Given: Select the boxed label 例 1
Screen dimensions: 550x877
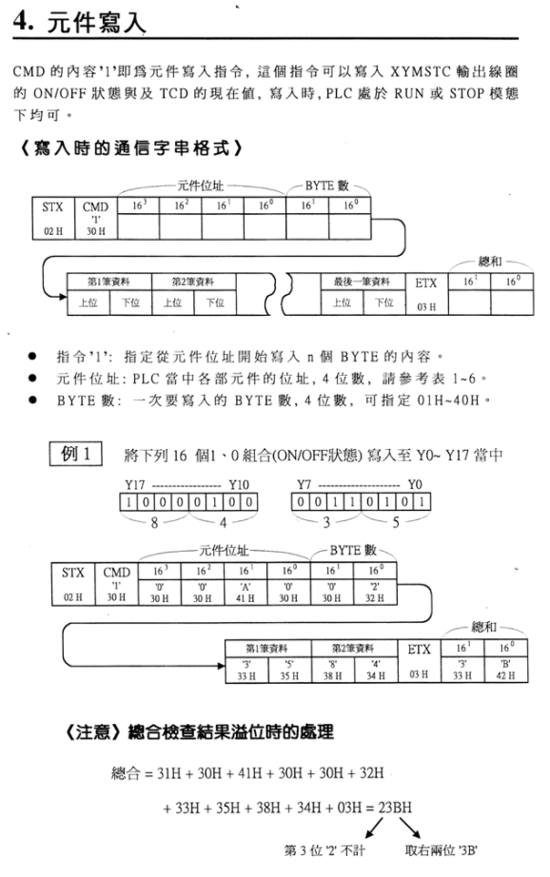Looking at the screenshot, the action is pos(75,454).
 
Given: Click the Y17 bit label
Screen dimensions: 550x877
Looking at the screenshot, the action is pos(135,484).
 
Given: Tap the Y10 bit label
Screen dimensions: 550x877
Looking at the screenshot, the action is pos(239,484).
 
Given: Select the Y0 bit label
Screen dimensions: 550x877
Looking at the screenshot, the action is pos(415,484).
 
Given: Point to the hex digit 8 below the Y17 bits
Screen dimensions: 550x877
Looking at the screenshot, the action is pos(154,522).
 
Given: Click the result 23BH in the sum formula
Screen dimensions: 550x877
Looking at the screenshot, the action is pos(395,807).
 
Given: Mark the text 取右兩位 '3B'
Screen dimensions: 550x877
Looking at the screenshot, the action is pos(441,850).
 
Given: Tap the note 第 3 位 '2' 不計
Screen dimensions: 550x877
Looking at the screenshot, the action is pos(324,850).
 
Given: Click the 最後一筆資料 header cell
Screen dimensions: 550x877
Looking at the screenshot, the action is pos(362,282).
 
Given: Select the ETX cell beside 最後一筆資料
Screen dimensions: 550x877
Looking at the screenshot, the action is pos(425,294).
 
